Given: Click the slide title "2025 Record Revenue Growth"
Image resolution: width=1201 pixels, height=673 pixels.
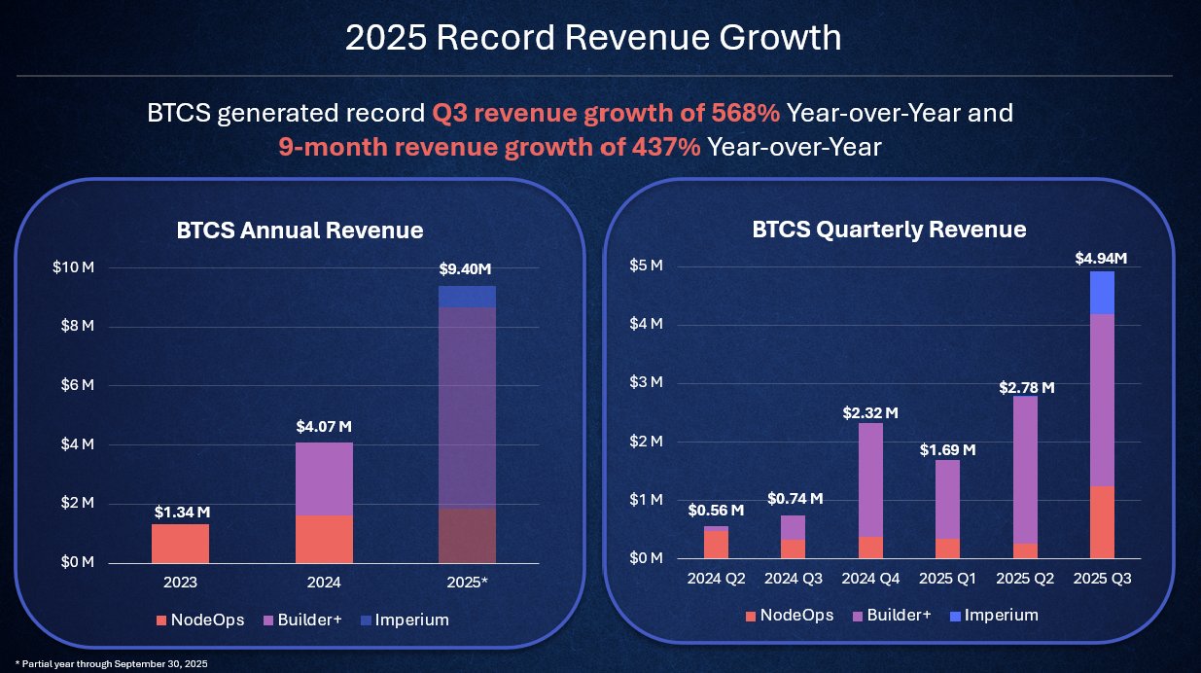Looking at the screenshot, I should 593,38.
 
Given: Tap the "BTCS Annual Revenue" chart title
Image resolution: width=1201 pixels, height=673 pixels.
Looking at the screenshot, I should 300,230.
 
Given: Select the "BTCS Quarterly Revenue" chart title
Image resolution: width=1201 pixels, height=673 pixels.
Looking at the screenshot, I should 889,230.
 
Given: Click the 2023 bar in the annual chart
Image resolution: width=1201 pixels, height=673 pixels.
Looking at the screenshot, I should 180,543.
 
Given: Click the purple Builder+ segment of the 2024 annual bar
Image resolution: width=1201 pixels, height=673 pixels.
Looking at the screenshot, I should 324,478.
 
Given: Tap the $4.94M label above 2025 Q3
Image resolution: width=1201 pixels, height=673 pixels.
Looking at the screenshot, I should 1100,258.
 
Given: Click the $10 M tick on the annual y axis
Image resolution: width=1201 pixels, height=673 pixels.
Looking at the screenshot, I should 73,267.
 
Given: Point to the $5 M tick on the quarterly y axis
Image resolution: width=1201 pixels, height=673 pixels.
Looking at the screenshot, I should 646,266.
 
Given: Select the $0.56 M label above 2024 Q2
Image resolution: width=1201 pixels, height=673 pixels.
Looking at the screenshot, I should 716,510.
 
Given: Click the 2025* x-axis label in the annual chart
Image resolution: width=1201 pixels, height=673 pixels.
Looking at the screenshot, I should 468,583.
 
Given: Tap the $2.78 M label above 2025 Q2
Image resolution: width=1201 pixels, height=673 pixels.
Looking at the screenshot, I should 1027,388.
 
